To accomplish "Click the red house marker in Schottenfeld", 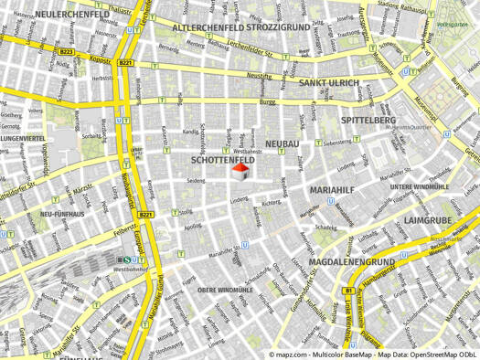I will point(240,173).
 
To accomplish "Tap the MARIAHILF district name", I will point(334,189).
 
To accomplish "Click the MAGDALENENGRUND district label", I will point(352,262).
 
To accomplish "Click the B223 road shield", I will point(66,52).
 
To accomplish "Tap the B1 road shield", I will point(348,291).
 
